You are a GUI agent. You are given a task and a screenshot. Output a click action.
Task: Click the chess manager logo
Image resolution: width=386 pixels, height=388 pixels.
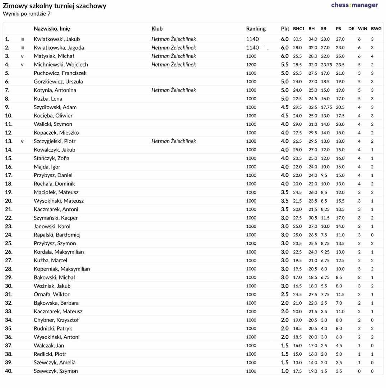tap(354, 5)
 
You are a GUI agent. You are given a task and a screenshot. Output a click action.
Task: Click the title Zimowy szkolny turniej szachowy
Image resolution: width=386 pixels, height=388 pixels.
tap(55, 6)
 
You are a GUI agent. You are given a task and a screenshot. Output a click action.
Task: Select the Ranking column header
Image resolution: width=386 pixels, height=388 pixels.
tap(256, 29)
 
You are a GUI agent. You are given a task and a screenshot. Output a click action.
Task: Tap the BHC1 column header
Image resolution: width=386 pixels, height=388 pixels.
tap(299, 29)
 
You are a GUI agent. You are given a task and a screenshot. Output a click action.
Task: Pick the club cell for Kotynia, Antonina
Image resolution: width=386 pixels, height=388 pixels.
tap(173, 90)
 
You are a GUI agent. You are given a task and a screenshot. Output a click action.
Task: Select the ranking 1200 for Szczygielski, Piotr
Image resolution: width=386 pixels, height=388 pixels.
tap(251, 141)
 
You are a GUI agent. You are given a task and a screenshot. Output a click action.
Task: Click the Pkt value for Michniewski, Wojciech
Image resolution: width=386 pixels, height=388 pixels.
tap(285, 65)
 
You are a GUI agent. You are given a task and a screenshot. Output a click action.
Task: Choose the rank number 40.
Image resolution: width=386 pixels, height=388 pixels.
tap(9, 371)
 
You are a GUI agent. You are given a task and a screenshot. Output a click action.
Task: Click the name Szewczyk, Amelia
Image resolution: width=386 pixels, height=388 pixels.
tap(55, 362)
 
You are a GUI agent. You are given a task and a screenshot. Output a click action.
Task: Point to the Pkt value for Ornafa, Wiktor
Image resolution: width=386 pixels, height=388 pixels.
tap(285, 295)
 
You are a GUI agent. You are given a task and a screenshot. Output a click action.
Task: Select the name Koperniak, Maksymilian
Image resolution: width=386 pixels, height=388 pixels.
tap(62, 269)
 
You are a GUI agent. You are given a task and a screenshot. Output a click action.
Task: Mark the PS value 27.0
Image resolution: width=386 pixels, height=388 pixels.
tap(340, 39)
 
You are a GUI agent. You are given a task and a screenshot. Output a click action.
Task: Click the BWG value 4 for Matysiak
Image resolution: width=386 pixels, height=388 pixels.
tap(372, 56)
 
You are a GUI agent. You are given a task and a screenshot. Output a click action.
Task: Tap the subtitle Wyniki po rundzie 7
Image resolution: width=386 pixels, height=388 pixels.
tap(27, 14)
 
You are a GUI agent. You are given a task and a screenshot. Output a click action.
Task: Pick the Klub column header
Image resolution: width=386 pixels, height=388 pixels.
tap(157, 29)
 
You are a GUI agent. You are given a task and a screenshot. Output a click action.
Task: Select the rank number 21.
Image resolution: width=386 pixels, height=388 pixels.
tap(9, 209)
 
